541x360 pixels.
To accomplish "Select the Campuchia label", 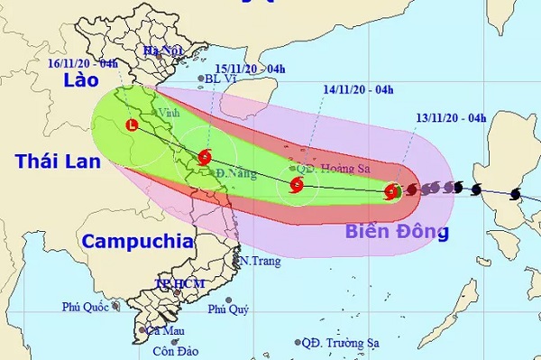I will (x=135, y=241).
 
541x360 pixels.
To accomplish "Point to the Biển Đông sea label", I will (x=397, y=232).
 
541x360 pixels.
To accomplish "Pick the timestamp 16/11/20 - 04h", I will (x=87, y=65).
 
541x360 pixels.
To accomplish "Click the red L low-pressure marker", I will (x=133, y=126).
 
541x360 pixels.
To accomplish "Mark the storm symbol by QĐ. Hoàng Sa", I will (x=297, y=188).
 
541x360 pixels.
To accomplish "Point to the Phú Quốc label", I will (x=85, y=307).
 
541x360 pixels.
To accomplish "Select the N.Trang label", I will (x=260, y=261).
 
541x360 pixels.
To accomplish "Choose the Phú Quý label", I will (x=228, y=309).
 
